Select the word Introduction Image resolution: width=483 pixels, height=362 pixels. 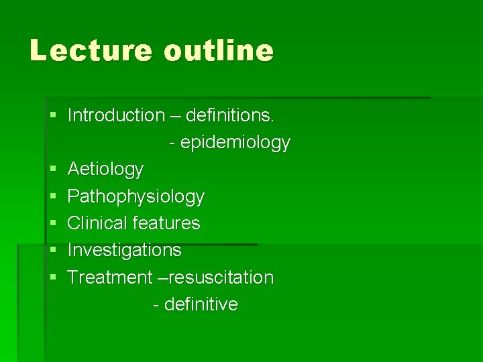(x=116, y=115)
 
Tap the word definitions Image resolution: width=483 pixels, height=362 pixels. (x=230, y=115)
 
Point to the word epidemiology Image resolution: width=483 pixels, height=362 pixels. (x=235, y=143)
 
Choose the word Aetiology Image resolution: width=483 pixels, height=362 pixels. (x=105, y=170)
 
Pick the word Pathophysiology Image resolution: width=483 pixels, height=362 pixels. (x=136, y=196)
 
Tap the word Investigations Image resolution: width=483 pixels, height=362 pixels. (x=124, y=250)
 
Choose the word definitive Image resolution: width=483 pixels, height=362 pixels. (x=201, y=304)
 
